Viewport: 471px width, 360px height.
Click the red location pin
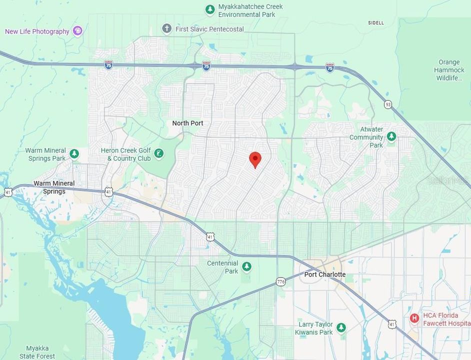255,159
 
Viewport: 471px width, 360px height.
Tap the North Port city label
187,123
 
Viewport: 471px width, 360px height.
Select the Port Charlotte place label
325,274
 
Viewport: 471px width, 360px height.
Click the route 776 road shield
281,282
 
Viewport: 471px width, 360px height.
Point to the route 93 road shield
388,104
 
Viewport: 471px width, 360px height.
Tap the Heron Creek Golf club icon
159,153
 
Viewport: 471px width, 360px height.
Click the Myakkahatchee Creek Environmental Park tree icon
210,9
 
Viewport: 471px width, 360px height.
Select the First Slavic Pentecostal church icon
167,29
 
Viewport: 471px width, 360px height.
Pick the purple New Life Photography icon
77,31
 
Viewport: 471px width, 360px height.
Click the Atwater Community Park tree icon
391,136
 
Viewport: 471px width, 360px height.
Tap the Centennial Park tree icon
246,266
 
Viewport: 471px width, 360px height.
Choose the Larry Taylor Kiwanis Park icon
341,327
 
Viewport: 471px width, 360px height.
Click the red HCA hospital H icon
414,318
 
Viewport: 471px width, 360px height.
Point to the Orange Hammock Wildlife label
449,70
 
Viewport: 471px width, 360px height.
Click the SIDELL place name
376,23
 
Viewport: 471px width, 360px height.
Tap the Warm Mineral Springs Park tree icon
74,153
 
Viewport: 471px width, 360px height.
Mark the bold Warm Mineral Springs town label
54,187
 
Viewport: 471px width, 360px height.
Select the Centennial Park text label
222,267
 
